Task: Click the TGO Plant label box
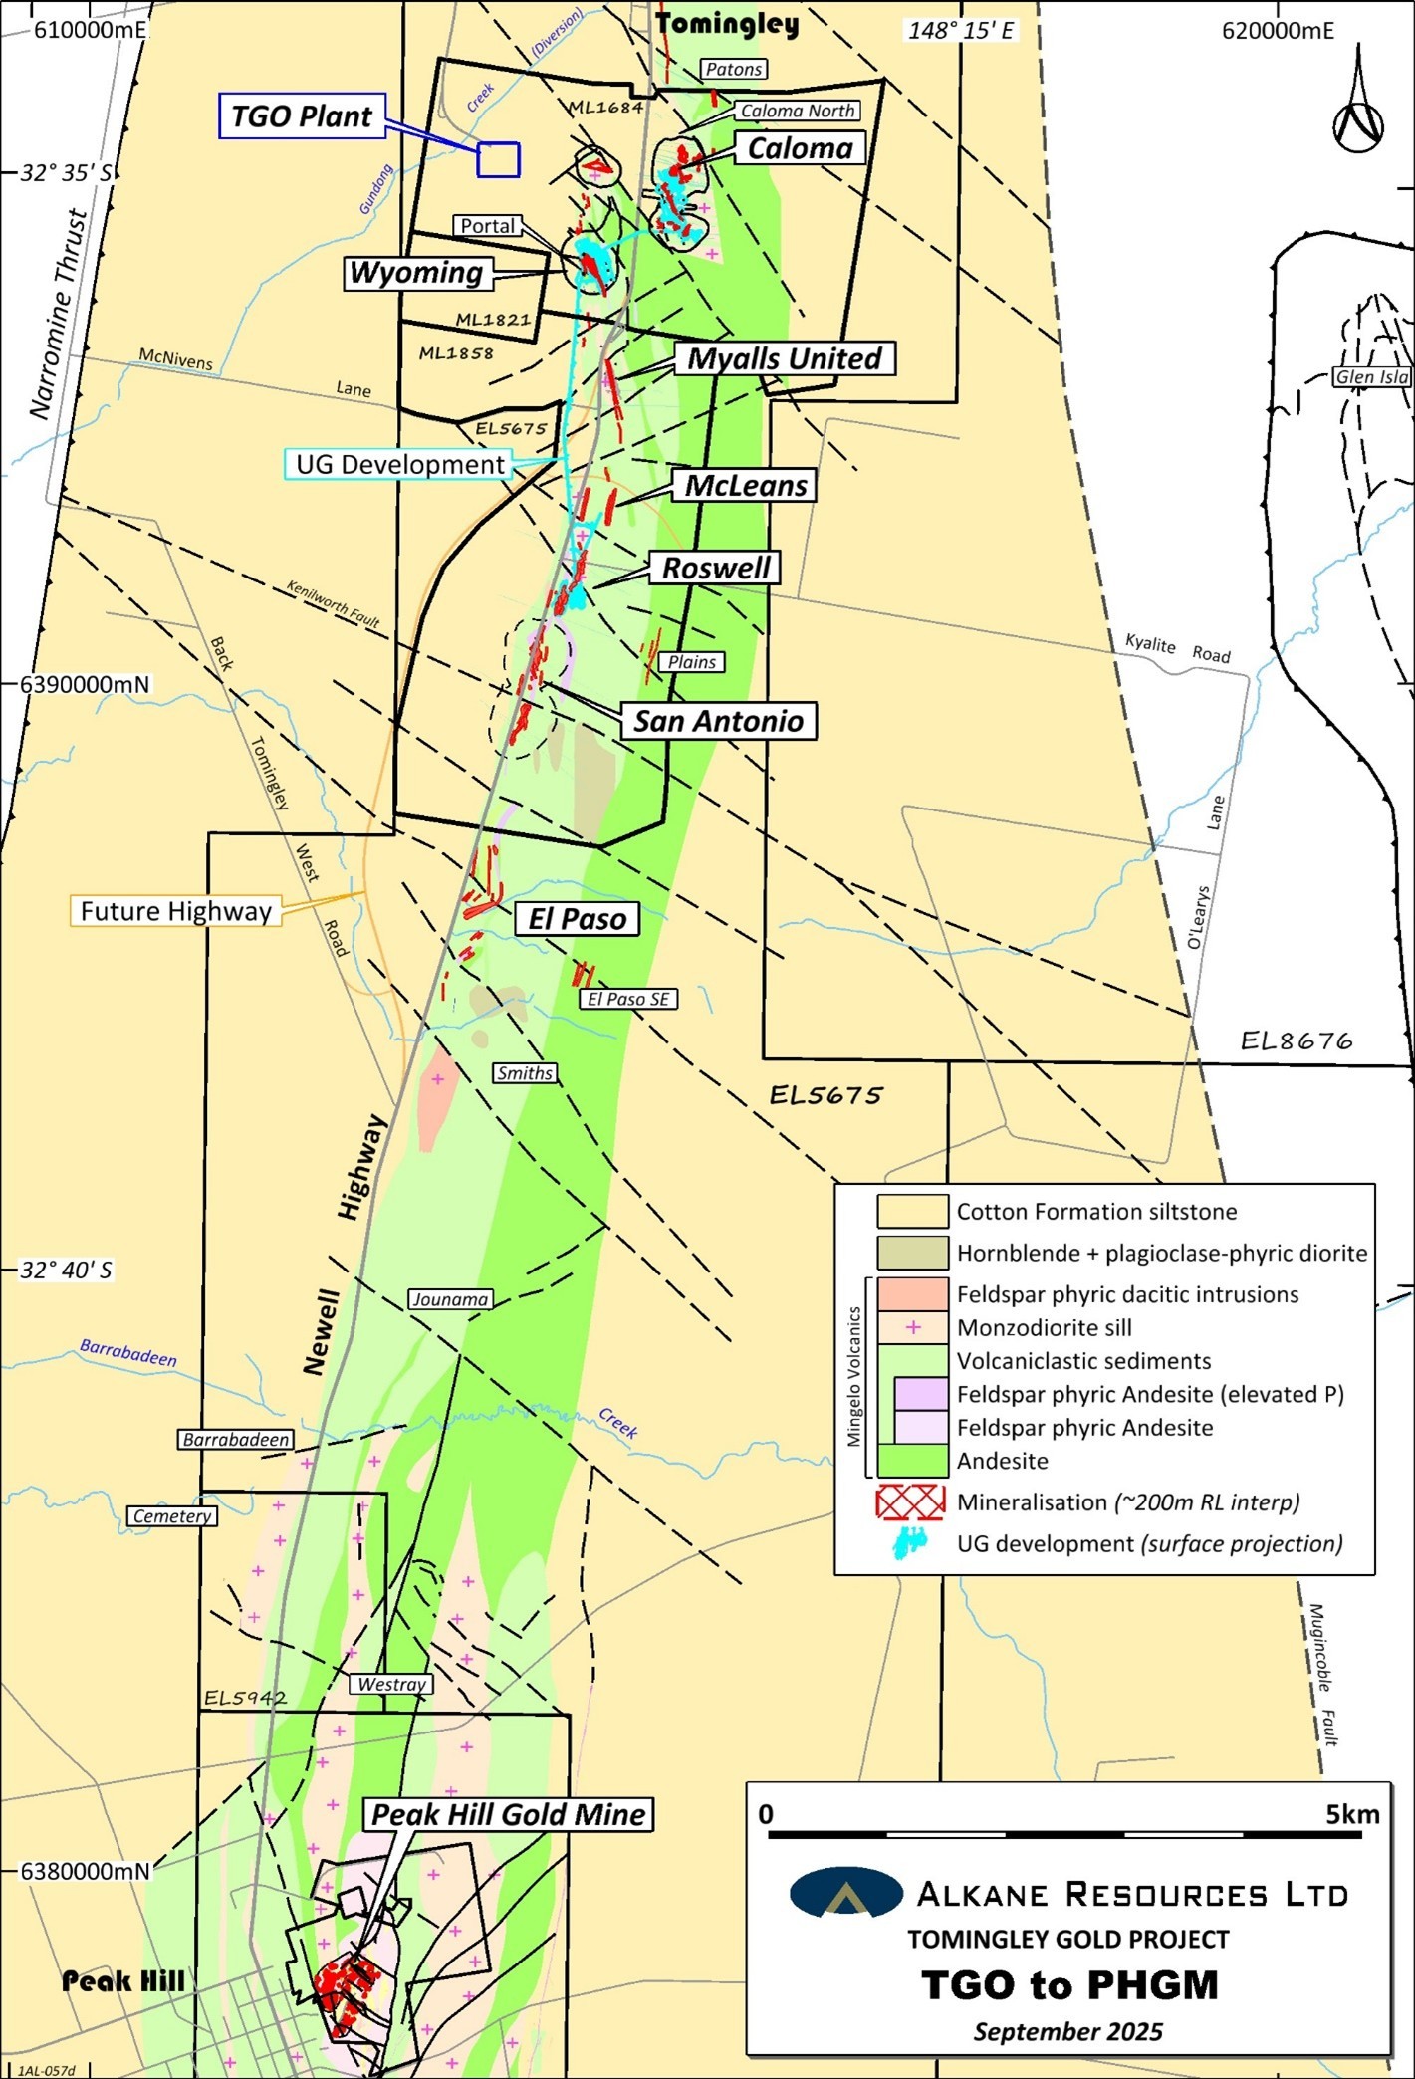(x=301, y=116)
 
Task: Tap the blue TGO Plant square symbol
(x=498, y=160)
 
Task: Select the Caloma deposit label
(x=800, y=148)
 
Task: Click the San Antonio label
(x=718, y=721)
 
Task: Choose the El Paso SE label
(x=628, y=999)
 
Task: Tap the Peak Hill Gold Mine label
(x=508, y=1814)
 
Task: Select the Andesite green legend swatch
(x=911, y=1461)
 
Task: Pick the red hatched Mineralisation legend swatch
(x=910, y=1501)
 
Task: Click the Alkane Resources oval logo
(x=845, y=1893)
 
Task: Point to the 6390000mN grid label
(x=85, y=685)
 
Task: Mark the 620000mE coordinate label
(x=1278, y=31)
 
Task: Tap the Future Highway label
(x=175, y=911)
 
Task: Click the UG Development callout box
(x=399, y=465)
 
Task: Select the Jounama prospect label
(x=450, y=1299)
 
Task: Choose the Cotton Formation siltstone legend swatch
(x=911, y=1212)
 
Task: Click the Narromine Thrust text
(x=59, y=314)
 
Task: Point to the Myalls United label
(x=785, y=358)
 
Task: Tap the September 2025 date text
(x=1067, y=2031)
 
